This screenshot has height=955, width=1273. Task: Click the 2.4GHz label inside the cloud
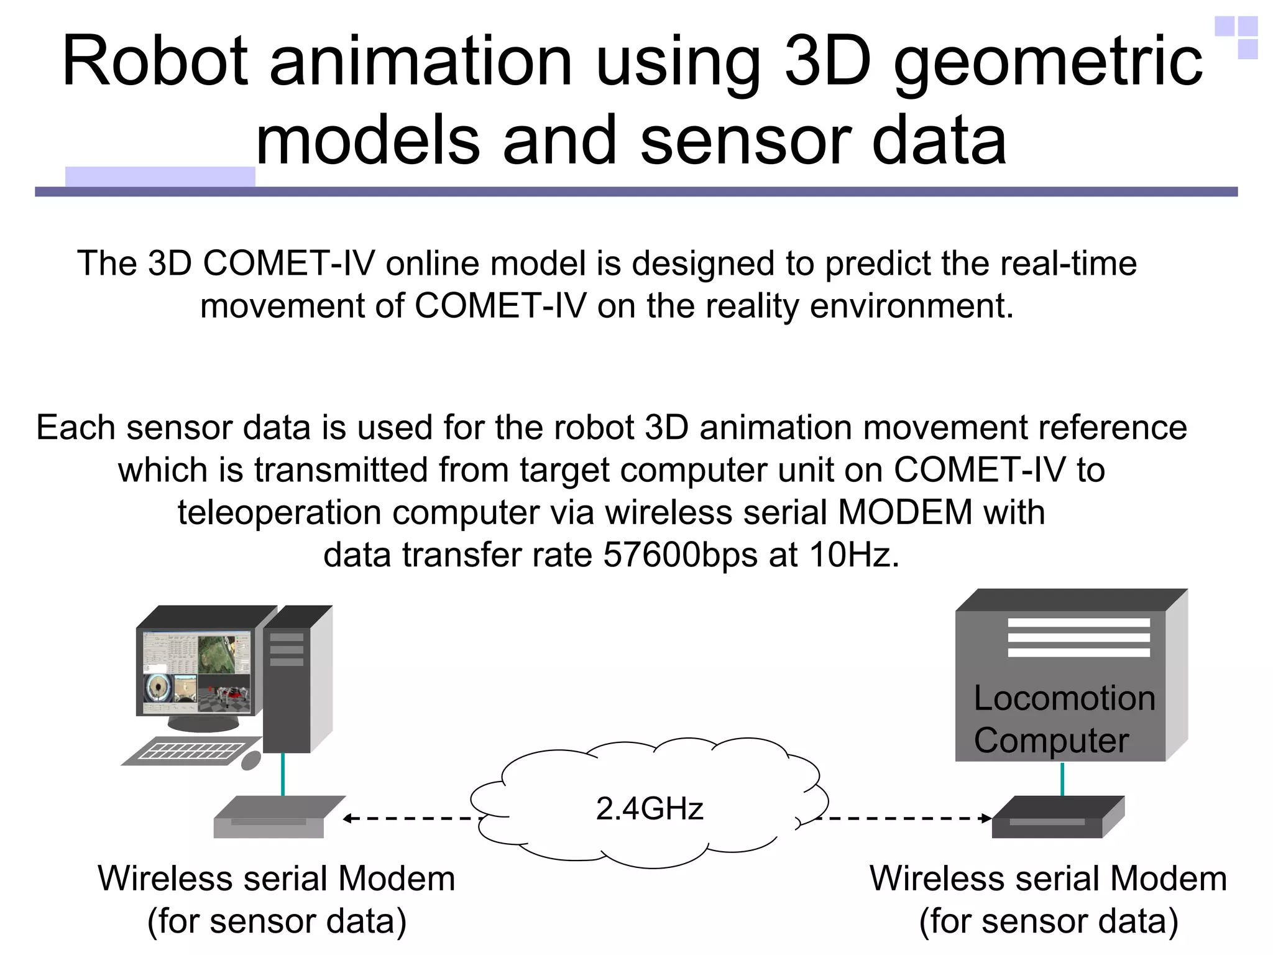pos(649,809)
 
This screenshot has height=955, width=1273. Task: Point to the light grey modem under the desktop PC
pos(273,818)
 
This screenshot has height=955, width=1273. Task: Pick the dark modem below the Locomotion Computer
pos(1057,818)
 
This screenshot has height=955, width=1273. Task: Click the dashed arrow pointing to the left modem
pos(410,818)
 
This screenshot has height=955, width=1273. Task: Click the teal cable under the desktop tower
pos(283,775)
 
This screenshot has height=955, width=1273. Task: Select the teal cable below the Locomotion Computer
pos(1062,778)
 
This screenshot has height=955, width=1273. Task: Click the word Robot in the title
pos(155,62)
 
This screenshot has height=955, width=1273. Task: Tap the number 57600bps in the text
pos(680,555)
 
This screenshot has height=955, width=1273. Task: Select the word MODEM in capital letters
pos(904,512)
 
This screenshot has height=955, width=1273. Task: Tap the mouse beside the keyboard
pos(250,760)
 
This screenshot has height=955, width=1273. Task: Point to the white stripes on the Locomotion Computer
pos(1078,637)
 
